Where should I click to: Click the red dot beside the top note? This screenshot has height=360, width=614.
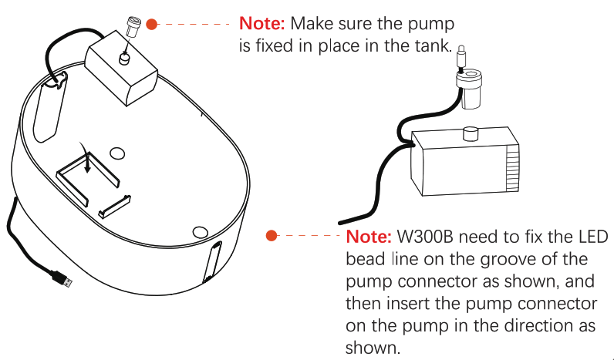[152, 24]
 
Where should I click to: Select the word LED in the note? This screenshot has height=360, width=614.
[589, 236]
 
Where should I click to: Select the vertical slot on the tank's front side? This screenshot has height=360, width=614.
[213, 261]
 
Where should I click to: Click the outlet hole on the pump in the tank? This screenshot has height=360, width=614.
[124, 59]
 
